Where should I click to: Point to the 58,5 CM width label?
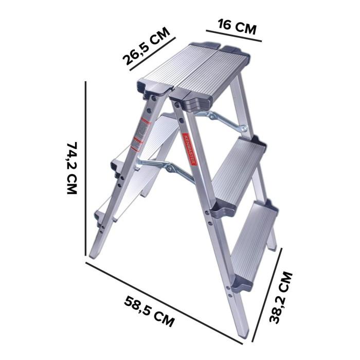149,312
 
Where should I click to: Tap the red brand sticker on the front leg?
189,150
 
